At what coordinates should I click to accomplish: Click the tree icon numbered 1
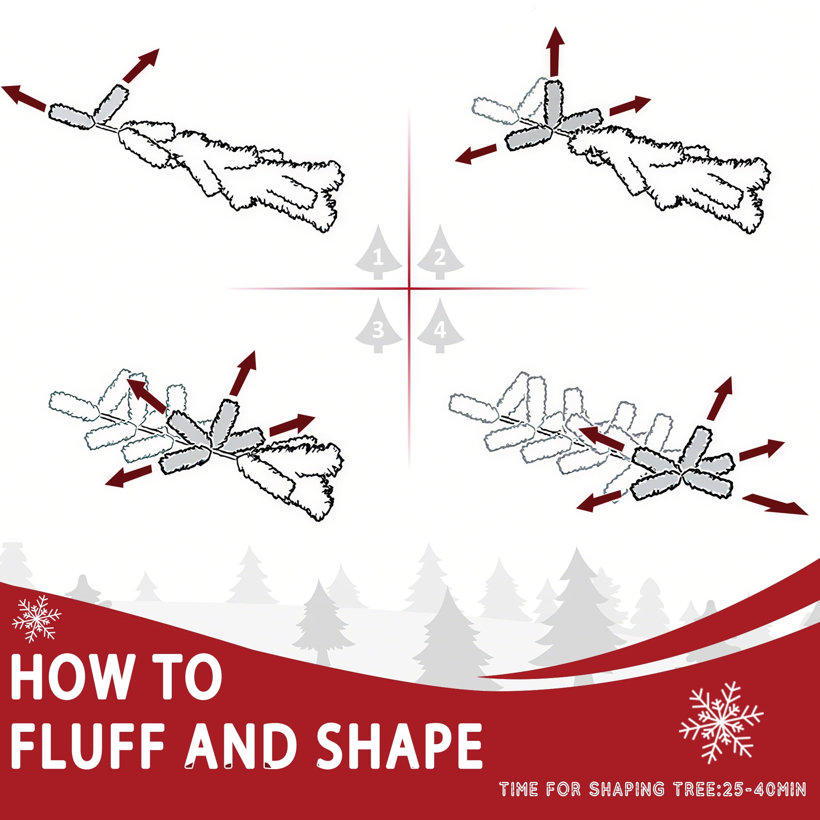pos(378,252)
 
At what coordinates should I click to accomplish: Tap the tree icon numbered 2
pos(440,252)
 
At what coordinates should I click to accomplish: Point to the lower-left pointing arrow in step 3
pos(128,476)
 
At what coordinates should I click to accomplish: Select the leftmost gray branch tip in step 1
pos(71,116)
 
